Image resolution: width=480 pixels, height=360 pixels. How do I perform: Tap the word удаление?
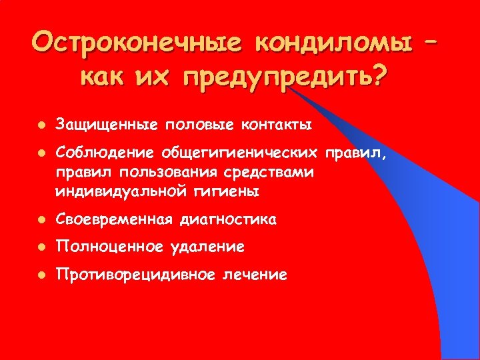point(205,247)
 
